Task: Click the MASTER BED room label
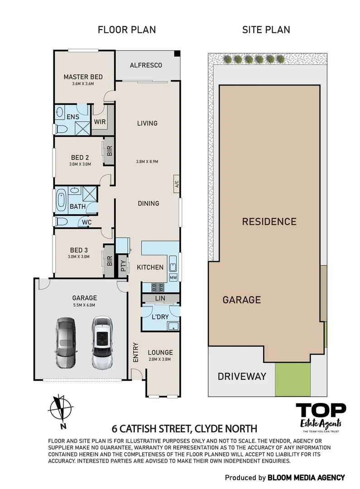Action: tap(83, 77)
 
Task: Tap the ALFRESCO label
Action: tap(146, 66)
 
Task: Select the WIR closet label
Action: tap(100, 122)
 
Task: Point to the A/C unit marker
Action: tap(177, 184)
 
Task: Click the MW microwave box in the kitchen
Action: tap(173, 277)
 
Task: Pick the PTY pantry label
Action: tap(123, 266)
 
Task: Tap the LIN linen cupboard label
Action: tap(160, 298)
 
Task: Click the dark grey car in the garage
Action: tap(66, 342)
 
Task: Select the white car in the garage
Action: tap(101, 342)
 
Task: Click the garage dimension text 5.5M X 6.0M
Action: tap(85, 306)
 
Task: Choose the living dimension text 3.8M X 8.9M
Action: tap(148, 162)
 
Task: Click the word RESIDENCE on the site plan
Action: tap(269, 222)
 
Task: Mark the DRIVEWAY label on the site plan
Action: tap(242, 376)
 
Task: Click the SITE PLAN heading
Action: tap(266, 30)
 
